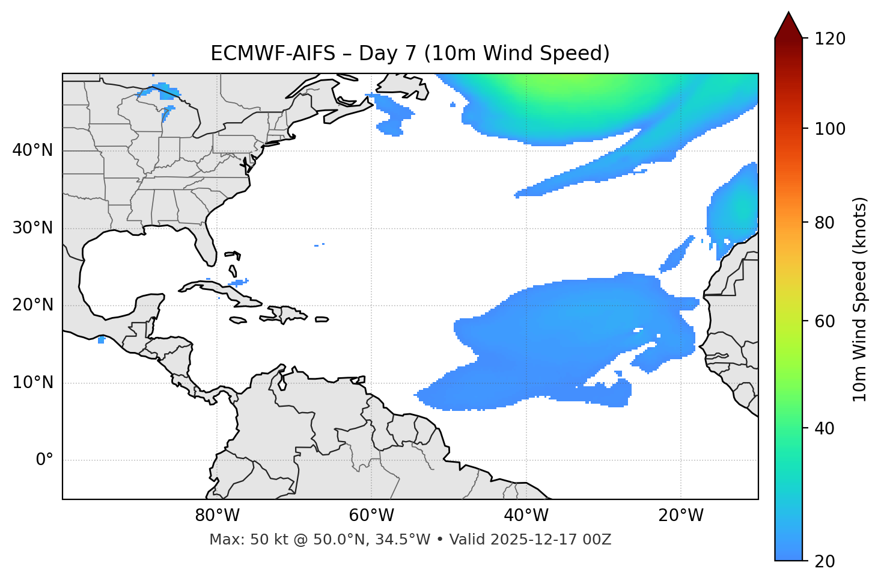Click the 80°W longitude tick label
pos(217,516)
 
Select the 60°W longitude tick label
pos(371,516)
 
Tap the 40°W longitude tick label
pos(526,516)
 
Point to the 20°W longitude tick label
pos(680,516)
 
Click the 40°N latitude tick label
pos(32,150)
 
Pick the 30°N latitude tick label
pos(32,228)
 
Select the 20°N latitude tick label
pos(32,305)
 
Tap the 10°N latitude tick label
pos(32,383)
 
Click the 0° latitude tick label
pos(44,460)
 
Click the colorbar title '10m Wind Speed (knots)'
pos(860,300)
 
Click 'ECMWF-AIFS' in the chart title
pos(273,54)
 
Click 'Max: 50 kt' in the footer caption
pos(240,540)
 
